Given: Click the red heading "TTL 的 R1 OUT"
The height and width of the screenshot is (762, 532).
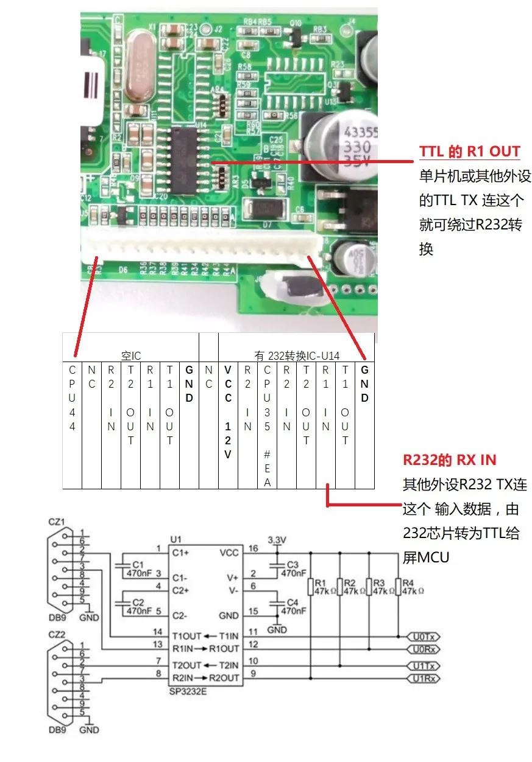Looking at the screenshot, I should (469, 152).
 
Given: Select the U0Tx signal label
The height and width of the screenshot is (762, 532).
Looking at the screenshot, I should (423, 636).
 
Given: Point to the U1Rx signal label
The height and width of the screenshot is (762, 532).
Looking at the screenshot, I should (423, 678).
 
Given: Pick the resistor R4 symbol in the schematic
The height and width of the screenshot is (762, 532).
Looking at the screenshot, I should (398, 587).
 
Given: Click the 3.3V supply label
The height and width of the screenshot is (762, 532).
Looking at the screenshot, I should (277, 540).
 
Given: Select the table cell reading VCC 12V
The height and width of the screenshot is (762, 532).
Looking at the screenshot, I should (228, 413).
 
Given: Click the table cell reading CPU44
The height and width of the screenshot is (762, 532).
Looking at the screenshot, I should (72, 398).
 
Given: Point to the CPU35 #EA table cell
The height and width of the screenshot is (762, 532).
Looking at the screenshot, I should (267, 426).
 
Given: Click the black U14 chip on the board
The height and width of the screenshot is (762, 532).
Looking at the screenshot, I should (188, 158).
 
